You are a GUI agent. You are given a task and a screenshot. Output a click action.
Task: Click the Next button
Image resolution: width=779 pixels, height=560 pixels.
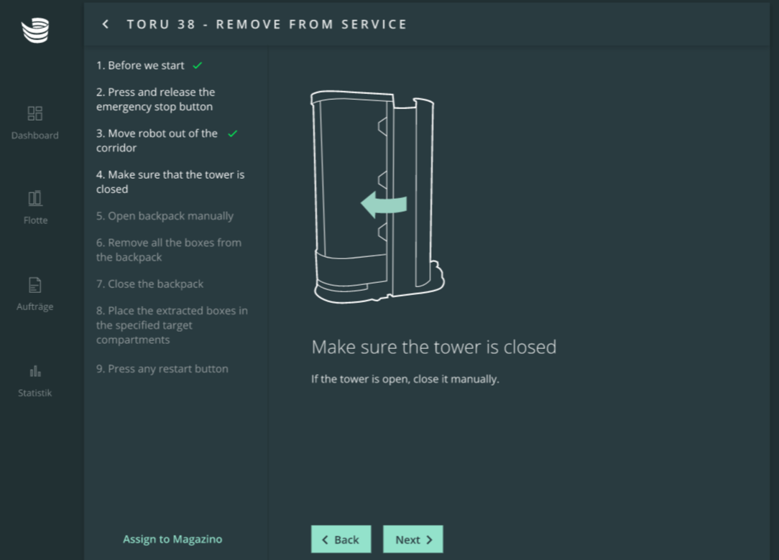click(x=412, y=539)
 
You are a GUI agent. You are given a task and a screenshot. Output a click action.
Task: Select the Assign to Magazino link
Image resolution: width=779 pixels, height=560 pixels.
click(x=172, y=539)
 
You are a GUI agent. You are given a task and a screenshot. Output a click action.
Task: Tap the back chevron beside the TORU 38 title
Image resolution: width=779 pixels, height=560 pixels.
click(x=106, y=24)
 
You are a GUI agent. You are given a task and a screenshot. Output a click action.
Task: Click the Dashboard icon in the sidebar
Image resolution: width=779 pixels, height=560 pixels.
click(x=34, y=113)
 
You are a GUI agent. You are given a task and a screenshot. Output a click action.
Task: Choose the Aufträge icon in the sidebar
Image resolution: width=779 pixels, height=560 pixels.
click(x=34, y=285)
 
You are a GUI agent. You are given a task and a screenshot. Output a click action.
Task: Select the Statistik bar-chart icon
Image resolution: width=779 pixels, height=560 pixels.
click(x=35, y=371)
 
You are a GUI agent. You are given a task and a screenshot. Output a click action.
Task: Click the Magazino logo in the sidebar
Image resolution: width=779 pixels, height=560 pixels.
click(x=35, y=30)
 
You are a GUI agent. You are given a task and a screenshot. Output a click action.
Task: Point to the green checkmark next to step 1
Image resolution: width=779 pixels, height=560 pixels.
click(x=197, y=65)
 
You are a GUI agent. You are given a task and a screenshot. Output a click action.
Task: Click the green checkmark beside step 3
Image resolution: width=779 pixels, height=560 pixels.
click(x=233, y=133)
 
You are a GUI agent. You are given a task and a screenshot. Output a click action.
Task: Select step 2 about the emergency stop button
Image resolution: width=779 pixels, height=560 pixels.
click(x=155, y=99)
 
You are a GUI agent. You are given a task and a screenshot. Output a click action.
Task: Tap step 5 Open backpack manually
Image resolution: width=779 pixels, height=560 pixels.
click(x=165, y=216)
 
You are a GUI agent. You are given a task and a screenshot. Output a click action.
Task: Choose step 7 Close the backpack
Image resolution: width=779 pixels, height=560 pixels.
click(x=149, y=284)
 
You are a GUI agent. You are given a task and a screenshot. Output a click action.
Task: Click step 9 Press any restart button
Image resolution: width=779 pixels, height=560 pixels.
click(x=162, y=369)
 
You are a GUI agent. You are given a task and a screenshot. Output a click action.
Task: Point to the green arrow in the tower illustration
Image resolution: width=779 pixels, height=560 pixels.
click(x=384, y=204)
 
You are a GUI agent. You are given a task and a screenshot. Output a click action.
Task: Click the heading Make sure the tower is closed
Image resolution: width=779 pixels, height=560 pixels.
click(x=434, y=347)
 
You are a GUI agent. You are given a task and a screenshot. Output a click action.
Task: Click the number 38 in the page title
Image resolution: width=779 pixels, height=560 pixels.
click(x=186, y=24)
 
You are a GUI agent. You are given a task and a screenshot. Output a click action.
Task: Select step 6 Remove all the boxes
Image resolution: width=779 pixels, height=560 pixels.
click(x=168, y=250)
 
